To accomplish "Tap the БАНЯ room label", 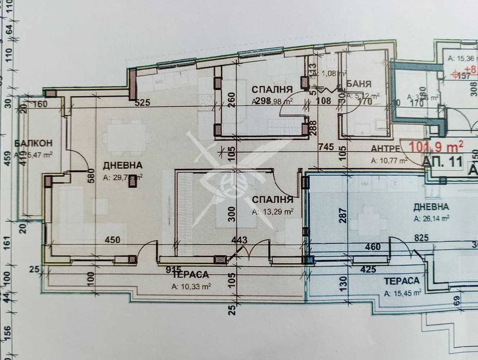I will coord(359,83).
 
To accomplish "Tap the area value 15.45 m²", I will coord(403,293).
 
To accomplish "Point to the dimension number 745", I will coord(325,147).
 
